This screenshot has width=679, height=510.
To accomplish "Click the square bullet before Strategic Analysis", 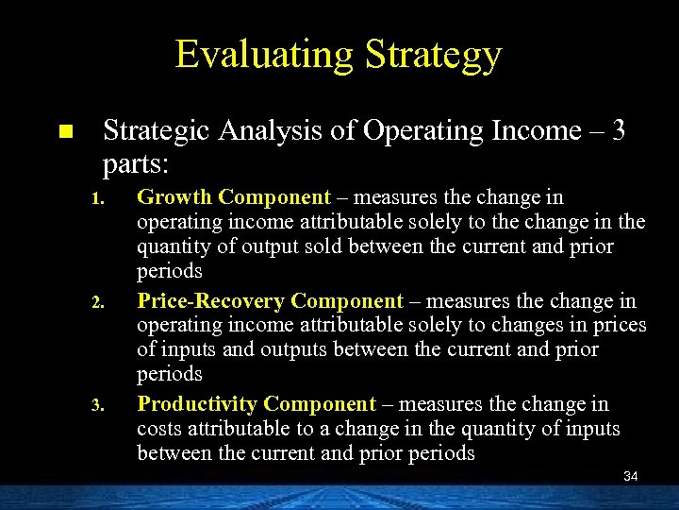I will [64, 131].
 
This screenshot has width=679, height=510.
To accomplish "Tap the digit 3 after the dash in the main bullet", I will [618, 130].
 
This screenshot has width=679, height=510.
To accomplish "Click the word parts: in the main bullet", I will [135, 163].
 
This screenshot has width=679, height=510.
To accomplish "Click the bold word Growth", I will [175, 197].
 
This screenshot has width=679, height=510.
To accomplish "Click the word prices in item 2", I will [620, 326].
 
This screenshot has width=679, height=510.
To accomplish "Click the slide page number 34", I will [631, 477].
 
